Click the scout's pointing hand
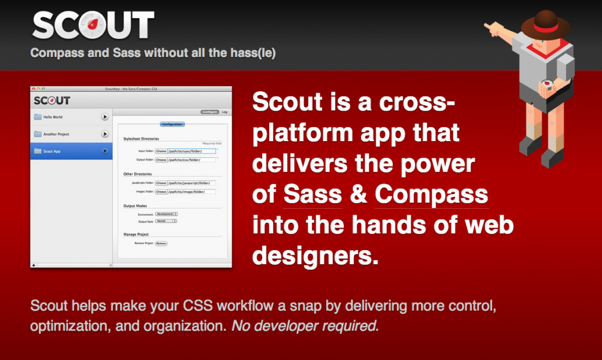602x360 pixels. (490, 26)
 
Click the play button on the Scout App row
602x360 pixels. (105, 151)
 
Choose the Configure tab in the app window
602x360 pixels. (209, 112)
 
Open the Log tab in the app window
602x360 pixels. (225, 112)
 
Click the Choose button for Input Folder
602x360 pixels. (161, 151)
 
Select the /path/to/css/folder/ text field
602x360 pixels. (192, 159)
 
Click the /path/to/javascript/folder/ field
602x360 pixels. (192, 183)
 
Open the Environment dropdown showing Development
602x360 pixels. (167, 214)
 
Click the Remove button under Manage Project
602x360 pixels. (161, 243)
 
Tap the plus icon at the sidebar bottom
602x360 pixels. (34, 266)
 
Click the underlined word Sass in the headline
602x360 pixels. (312, 194)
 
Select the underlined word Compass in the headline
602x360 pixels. (431, 194)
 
